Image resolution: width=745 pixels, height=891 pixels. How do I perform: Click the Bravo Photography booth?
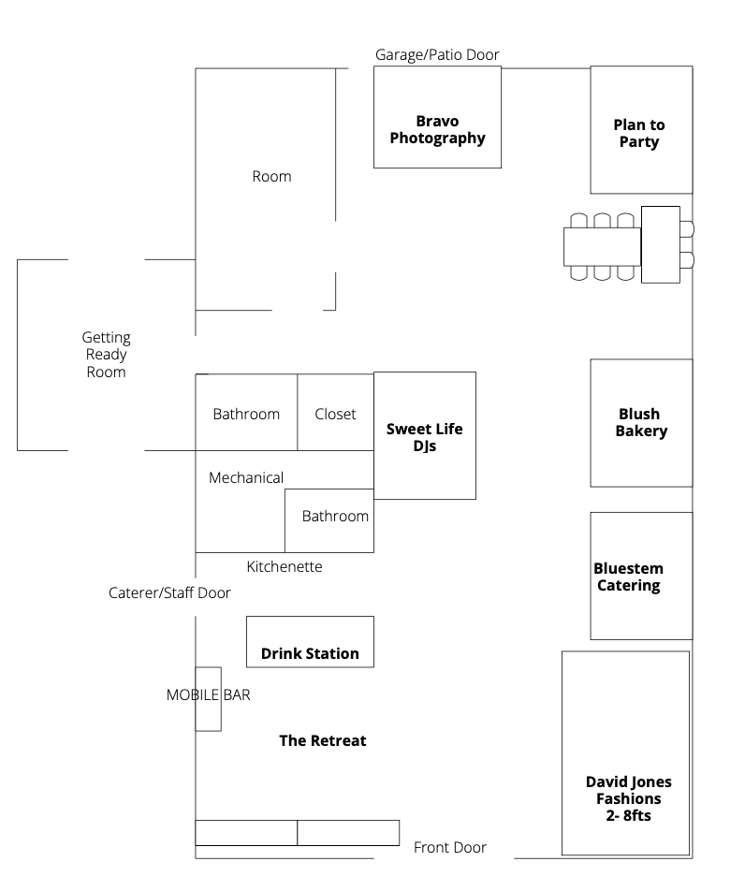(437, 117)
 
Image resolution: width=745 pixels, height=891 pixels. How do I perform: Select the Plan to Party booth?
(640, 129)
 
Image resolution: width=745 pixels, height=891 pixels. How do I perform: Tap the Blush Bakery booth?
(641, 422)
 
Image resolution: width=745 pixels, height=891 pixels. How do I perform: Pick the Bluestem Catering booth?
(641, 576)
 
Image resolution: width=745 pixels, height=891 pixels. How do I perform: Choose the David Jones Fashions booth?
(625, 752)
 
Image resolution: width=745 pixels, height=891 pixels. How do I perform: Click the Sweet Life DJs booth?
(424, 435)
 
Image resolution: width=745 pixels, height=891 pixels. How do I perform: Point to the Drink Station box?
(310, 642)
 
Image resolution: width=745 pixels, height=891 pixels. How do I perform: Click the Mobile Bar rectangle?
(208, 698)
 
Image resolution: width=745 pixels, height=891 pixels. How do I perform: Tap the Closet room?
(335, 413)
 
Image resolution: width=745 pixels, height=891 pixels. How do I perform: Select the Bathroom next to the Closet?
(246, 413)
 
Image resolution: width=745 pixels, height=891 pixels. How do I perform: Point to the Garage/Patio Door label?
(437, 55)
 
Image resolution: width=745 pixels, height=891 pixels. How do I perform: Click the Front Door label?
(450, 847)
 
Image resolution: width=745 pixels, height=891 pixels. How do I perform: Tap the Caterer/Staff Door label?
(169, 592)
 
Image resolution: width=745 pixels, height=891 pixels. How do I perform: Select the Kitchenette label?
(285, 566)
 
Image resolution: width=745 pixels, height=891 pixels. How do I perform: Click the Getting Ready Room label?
(107, 354)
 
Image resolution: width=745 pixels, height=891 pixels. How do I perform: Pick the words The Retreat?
(323, 740)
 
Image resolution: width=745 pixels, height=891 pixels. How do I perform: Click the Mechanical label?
(246, 477)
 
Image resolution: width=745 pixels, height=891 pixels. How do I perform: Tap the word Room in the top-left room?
(271, 176)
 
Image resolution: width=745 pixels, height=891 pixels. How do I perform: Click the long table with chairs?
(602, 246)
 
